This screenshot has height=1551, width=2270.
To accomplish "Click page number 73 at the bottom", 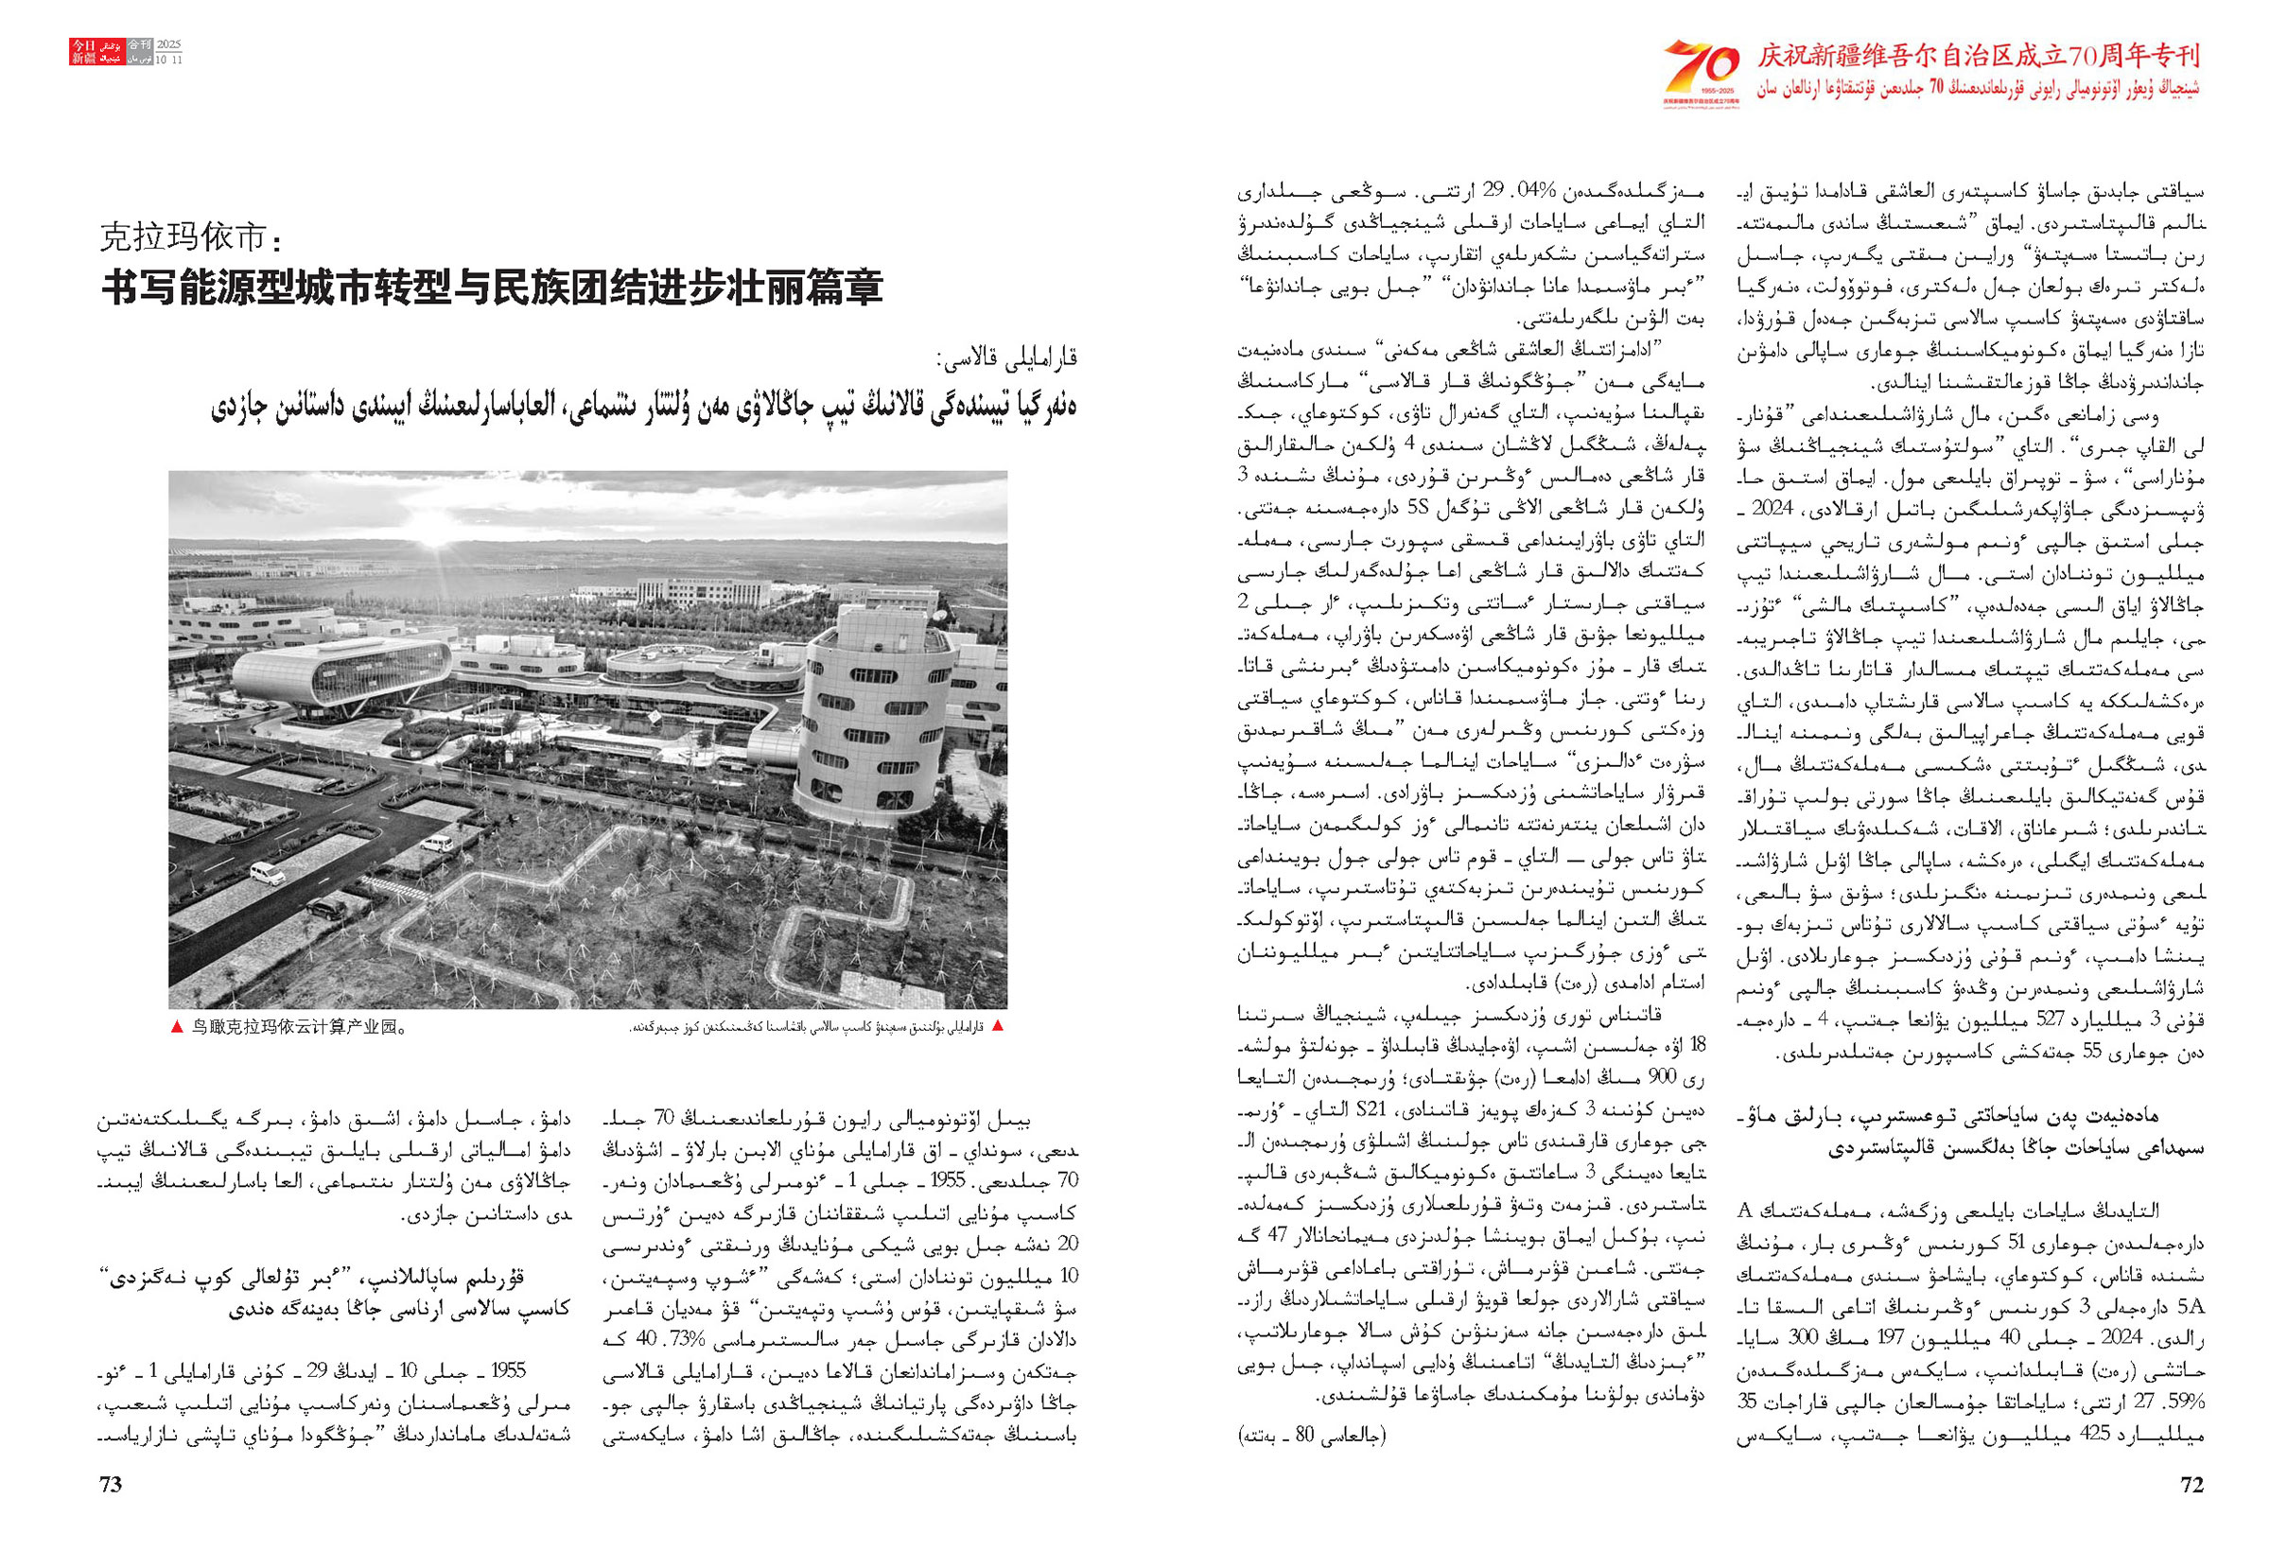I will [111, 1485].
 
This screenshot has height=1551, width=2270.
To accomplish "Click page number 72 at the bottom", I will [2191, 1485].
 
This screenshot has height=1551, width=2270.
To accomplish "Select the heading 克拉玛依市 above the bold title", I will [189, 237].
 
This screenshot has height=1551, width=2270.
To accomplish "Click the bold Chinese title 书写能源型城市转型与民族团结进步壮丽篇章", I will [492, 288].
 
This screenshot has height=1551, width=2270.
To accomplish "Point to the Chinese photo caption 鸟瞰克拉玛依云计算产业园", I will [298, 1026].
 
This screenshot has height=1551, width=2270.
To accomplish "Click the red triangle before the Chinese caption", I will [176, 1026].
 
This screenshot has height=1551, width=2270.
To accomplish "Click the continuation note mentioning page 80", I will [1312, 1436].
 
